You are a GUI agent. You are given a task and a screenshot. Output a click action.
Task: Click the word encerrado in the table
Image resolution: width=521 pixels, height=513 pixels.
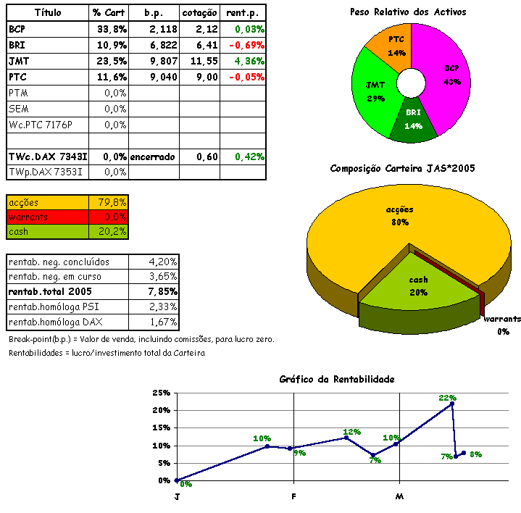pyautogui.click(x=153, y=157)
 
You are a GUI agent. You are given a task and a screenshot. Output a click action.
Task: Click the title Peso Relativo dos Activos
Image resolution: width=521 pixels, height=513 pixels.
pyautogui.click(x=408, y=12)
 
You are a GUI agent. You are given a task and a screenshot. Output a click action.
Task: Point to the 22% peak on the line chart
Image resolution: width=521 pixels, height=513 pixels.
pyautogui.click(x=452, y=404)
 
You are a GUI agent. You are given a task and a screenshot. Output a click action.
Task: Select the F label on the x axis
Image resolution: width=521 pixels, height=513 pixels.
pyautogui.click(x=293, y=497)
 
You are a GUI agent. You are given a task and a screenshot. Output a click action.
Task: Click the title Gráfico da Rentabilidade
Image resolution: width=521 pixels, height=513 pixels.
pyautogui.click(x=337, y=380)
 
